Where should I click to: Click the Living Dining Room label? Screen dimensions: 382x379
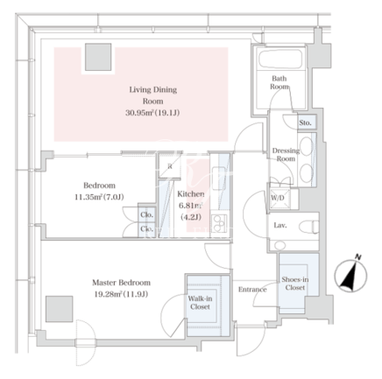(x=153, y=95)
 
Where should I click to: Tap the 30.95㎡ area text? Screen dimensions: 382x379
(x=139, y=113)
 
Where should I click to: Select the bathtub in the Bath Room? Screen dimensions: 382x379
(x=280, y=60)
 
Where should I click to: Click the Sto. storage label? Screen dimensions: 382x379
(x=305, y=123)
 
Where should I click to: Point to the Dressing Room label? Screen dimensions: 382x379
(x=286, y=155)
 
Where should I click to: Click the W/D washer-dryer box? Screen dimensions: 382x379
(x=279, y=199)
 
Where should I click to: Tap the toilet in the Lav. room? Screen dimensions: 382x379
(x=308, y=227)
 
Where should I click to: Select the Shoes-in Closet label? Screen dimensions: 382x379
(x=295, y=284)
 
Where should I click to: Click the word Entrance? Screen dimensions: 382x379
(x=252, y=289)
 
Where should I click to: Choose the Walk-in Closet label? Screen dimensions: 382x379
(x=200, y=303)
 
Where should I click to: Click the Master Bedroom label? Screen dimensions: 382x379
(x=122, y=283)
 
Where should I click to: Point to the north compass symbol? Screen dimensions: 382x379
(x=350, y=274)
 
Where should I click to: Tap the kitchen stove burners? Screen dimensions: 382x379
(x=219, y=223)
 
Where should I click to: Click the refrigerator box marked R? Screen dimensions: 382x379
(x=170, y=166)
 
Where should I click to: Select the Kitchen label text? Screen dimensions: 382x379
(x=191, y=193)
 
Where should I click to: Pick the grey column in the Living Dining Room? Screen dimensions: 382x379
(x=98, y=57)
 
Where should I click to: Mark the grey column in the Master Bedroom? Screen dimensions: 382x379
(x=60, y=309)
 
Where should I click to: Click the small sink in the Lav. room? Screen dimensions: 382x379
(x=280, y=245)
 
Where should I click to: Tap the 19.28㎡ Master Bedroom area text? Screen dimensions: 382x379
(x=108, y=294)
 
